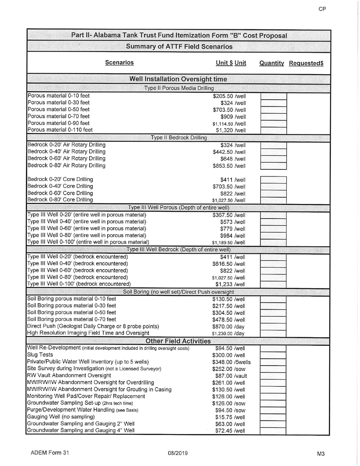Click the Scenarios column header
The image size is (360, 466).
click(119, 63)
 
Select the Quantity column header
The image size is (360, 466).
click(271, 63)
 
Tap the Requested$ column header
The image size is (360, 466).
click(306, 63)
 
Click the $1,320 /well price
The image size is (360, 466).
click(231, 130)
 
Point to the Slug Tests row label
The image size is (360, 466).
click(40, 355)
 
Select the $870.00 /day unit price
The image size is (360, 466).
click(228, 327)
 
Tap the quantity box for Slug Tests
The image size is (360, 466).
click(273, 355)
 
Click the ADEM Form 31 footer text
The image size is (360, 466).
click(50, 453)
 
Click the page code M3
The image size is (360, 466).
click(321, 453)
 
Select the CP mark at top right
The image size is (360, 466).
click(322, 9)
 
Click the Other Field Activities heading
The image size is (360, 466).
click(178, 341)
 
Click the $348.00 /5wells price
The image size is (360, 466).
click(231, 362)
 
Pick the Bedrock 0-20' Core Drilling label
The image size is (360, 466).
click(60, 179)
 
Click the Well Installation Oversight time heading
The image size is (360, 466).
click(178, 79)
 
